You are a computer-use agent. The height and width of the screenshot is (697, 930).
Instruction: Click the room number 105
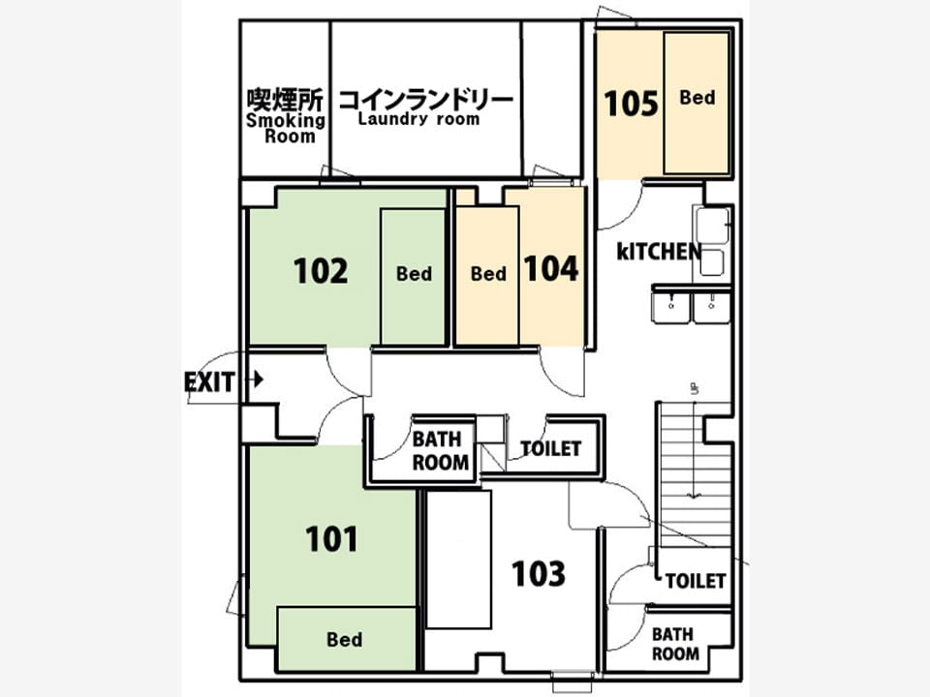(x=631, y=104)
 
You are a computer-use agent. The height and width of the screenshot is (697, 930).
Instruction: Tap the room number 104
(x=551, y=268)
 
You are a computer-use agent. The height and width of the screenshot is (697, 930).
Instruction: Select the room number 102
(x=321, y=271)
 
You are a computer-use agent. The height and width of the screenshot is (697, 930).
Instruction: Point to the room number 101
(x=331, y=539)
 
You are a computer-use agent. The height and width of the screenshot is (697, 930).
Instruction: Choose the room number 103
(x=538, y=574)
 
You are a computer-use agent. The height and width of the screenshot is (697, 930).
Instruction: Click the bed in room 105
(x=697, y=104)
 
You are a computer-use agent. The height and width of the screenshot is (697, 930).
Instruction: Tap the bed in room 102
(x=413, y=277)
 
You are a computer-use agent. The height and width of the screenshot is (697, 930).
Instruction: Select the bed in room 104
(x=487, y=276)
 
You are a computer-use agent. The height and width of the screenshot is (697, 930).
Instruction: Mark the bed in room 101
(x=347, y=639)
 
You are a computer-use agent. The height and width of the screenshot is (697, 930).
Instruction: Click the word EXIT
(x=209, y=382)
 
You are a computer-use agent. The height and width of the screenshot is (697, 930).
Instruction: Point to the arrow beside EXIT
(x=257, y=379)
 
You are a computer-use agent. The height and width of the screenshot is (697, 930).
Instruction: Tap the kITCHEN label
(x=659, y=252)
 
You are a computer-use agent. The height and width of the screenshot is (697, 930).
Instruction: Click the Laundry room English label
(x=418, y=119)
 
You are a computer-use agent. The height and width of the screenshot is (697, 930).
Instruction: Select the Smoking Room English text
(x=286, y=129)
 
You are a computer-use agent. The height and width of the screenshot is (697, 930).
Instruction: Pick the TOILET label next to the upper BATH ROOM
(x=550, y=448)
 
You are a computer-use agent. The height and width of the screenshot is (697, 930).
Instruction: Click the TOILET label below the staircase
(x=696, y=581)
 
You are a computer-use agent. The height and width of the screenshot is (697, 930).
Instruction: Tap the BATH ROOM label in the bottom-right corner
(x=675, y=645)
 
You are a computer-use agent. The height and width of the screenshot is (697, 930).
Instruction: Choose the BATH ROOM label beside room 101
(x=440, y=451)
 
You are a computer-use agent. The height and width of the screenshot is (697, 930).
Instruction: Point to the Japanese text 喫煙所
(x=285, y=100)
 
